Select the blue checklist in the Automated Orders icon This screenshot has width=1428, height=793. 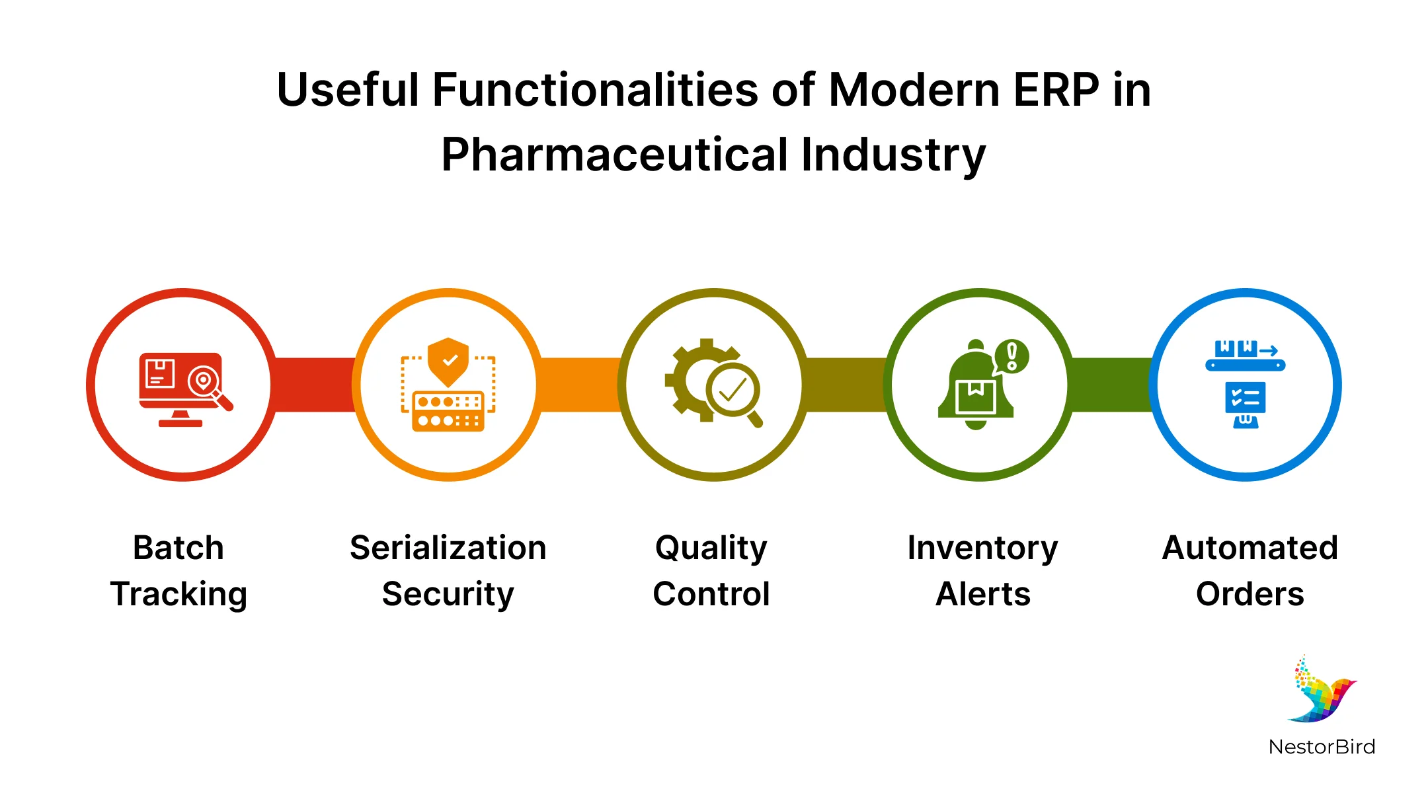point(1246,398)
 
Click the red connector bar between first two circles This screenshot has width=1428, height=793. point(314,385)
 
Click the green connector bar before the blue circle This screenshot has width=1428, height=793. point(1111,385)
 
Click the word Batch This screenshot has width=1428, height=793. point(178,548)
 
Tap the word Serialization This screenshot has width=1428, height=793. point(448,548)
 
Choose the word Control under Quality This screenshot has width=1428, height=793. point(711,594)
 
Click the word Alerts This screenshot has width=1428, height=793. point(983,594)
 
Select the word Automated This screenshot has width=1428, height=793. point(1249,548)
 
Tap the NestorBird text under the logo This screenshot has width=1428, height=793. point(1322,747)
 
